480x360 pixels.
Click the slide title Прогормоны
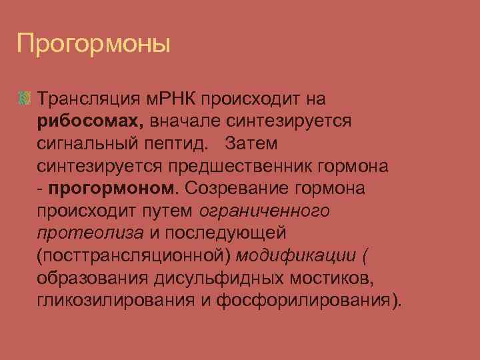coord(94,45)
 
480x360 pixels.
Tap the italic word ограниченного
coord(265,211)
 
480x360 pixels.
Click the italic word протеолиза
coord(91,233)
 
